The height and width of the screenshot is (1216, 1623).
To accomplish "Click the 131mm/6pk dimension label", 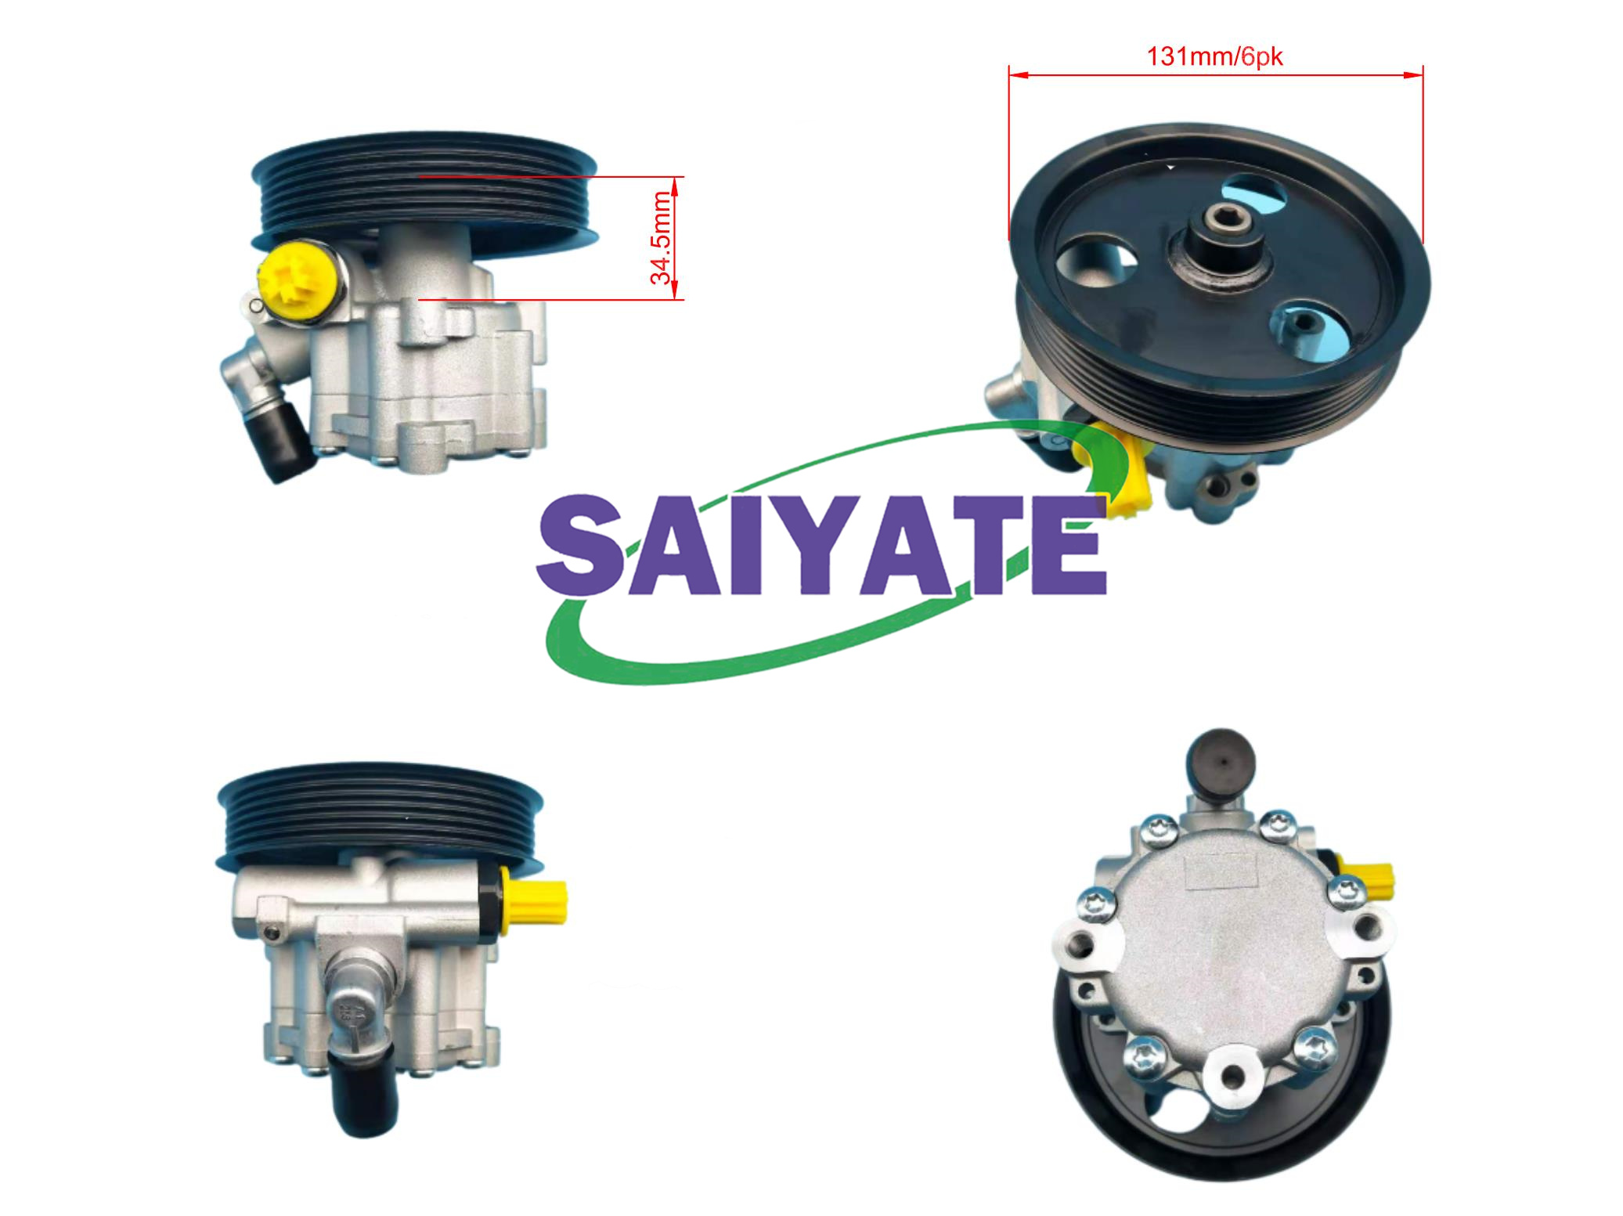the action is (1214, 57).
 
